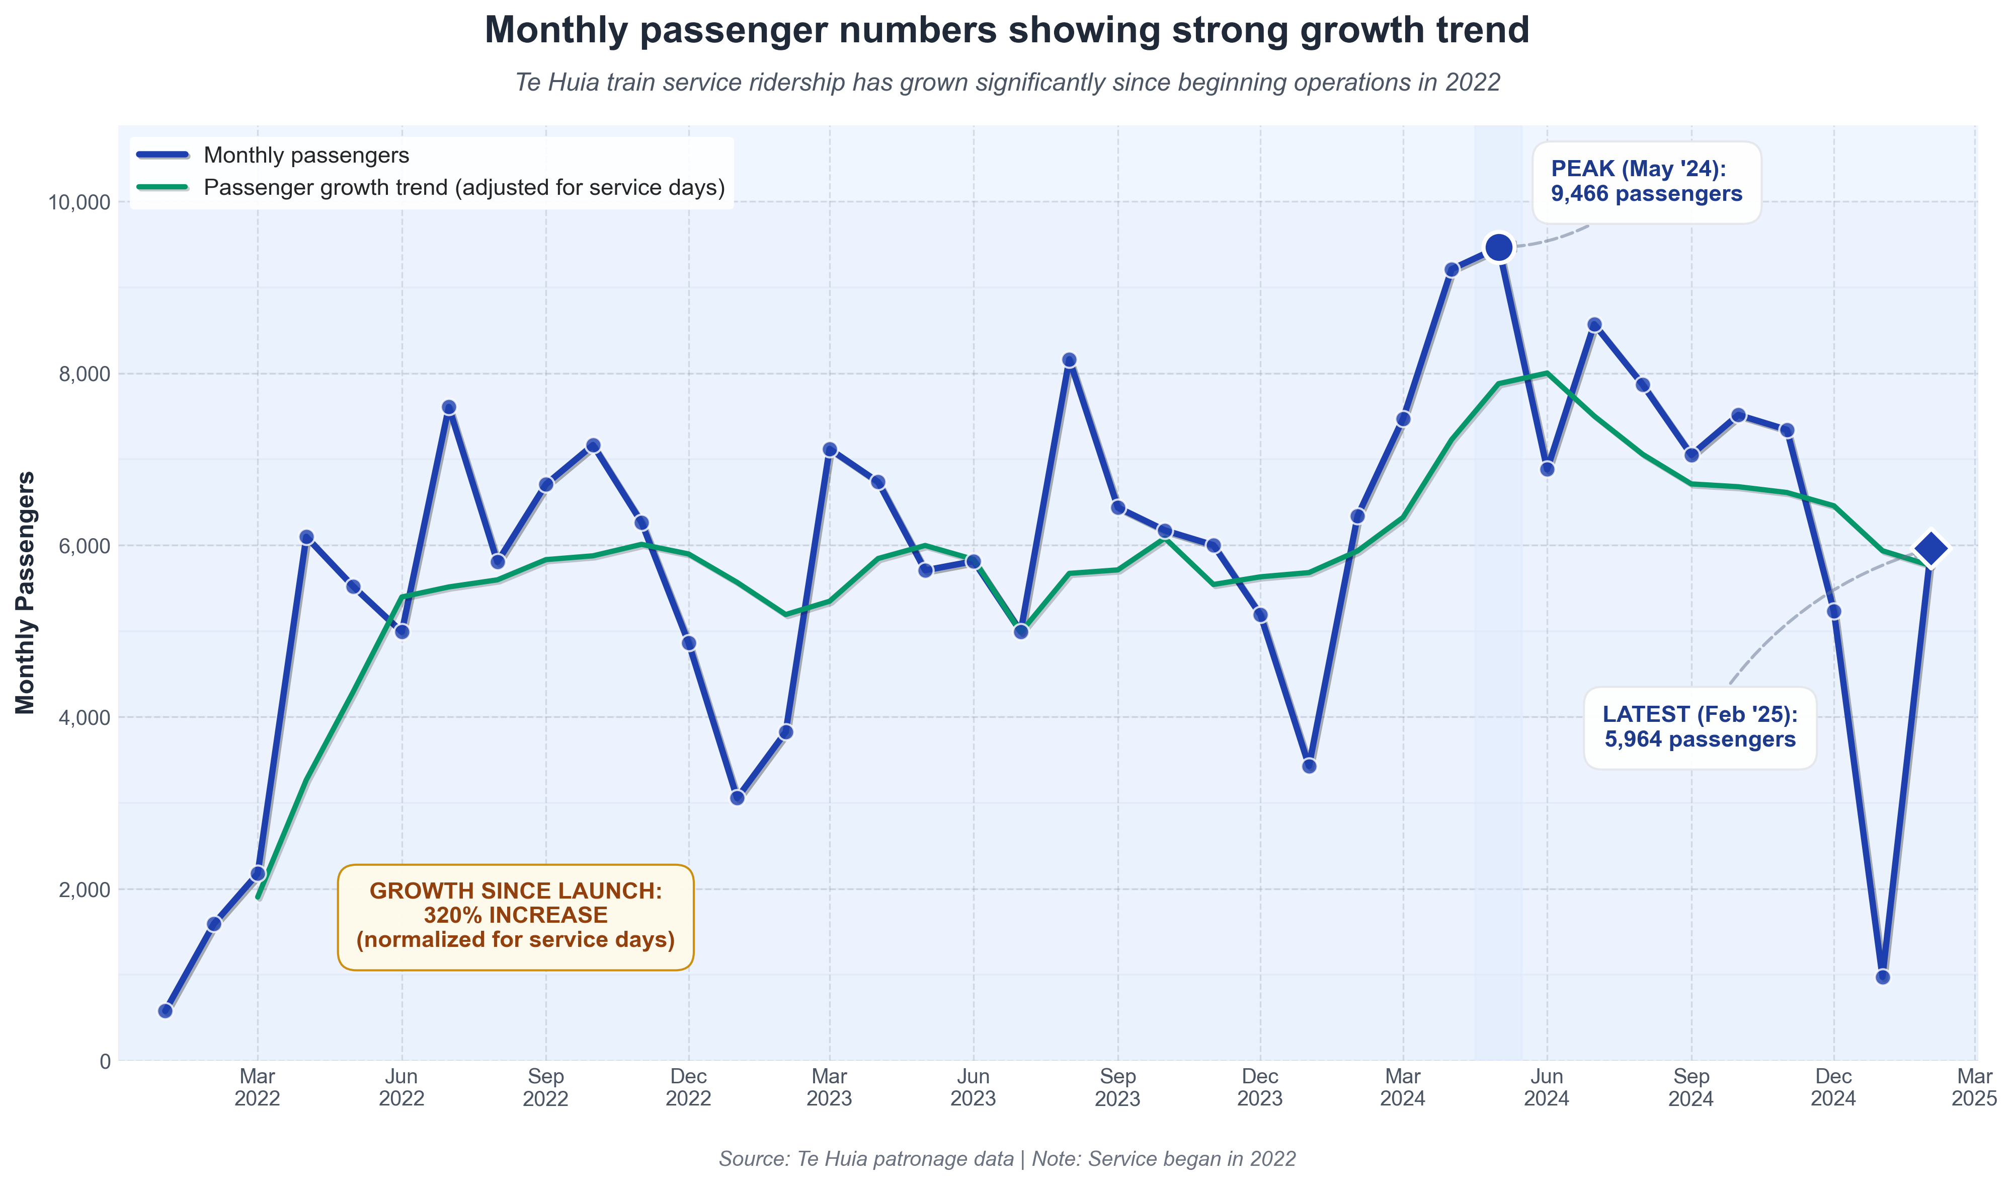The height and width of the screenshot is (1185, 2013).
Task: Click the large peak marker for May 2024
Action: pos(1499,248)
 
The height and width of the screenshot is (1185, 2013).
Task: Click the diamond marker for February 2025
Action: pos(1930,549)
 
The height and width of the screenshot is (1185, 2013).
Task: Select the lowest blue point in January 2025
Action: pos(1883,977)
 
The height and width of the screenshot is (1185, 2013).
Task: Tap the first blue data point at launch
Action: pos(166,1011)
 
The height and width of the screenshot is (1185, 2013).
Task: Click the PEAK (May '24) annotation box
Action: pos(1646,182)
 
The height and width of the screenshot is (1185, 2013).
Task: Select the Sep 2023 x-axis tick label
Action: pos(1117,1087)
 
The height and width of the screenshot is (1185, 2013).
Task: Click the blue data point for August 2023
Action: pos(1069,360)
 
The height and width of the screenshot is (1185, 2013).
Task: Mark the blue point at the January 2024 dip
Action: pos(1309,766)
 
